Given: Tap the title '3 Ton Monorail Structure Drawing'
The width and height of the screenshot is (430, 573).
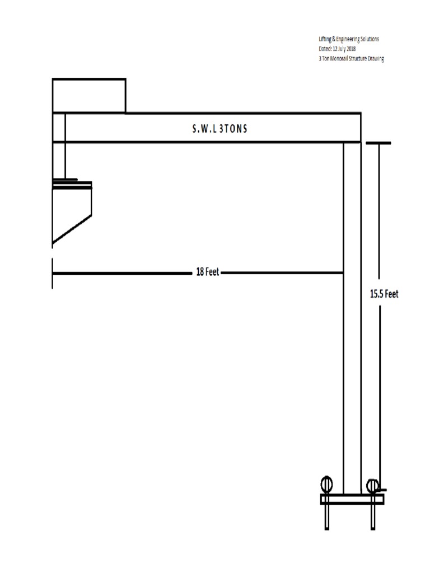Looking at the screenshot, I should [x=348, y=58].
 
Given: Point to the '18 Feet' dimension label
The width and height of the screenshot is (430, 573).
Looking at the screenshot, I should [x=207, y=273].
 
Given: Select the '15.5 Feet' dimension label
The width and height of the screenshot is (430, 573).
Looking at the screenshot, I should [x=384, y=294].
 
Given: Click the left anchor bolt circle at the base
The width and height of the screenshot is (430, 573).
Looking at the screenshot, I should [x=326, y=485].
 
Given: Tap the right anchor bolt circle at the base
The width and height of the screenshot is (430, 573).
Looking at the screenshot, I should [x=372, y=485].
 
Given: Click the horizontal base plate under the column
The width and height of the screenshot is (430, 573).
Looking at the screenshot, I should [x=352, y=499].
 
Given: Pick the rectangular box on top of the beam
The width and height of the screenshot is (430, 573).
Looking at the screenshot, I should [x=89, y=96].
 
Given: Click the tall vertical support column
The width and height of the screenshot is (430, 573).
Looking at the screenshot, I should [x=352, y=313].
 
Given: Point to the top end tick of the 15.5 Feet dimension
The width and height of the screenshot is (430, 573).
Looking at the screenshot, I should [x=378, y=143].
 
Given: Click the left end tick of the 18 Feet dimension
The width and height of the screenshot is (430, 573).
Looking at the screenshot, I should [x=53, y=273].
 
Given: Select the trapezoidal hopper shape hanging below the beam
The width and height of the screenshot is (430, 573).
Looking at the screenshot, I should [x=71, y=213].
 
